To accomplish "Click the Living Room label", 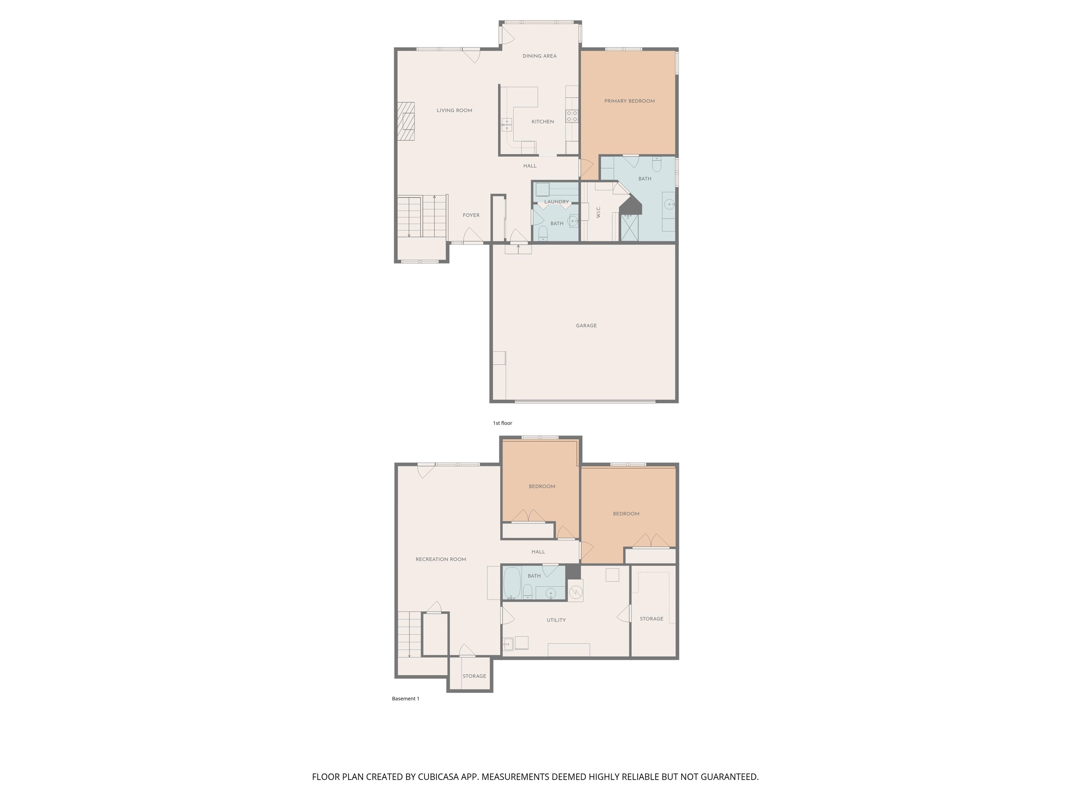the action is point(454,111).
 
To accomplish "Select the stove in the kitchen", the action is point(572,116).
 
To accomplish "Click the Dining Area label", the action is point(539,56).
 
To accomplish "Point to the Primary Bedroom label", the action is point(629,101).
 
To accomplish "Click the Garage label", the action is point(586,326).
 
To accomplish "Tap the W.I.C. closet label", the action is point(599,212).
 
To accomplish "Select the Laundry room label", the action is point(556,202).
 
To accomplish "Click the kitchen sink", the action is point(507,125).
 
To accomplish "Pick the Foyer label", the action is point(471,215).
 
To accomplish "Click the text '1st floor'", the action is point(503,423).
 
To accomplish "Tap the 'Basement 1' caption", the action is point(406,698).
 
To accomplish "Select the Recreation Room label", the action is point(441,559).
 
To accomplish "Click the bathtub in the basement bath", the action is point(512,583).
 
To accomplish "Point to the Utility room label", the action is point(556,620).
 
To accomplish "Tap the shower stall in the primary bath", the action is point(629,228).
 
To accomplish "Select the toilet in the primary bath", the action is point(656,164).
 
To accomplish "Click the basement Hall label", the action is point(538,551).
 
